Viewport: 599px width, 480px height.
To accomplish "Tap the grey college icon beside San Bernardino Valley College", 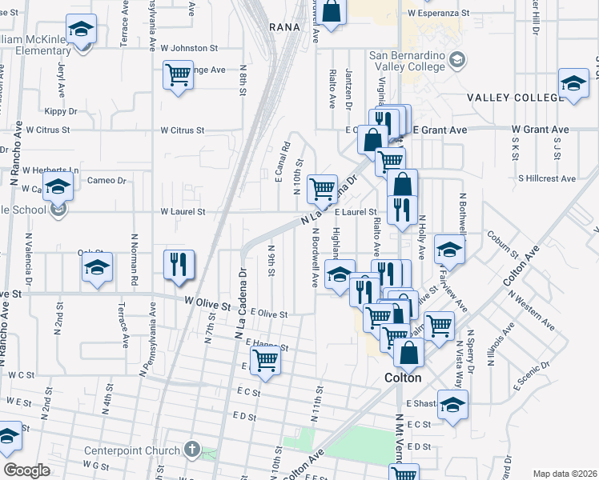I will (457, 59).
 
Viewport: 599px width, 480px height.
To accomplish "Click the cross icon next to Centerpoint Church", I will (191, 450).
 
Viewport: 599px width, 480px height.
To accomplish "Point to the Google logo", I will (26, 470).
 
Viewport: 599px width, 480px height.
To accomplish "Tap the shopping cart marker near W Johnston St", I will (178, 75).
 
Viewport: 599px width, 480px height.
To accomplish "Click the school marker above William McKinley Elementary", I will (81, 30).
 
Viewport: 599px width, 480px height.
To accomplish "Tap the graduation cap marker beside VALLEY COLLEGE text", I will (573, 83).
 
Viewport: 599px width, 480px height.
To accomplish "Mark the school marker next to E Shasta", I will (452, 404).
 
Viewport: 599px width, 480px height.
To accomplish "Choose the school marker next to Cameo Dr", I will (58, 187).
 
